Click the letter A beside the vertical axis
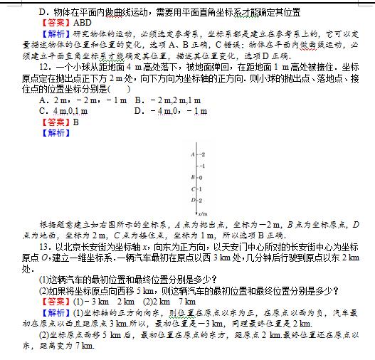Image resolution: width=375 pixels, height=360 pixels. (x=192, y=154)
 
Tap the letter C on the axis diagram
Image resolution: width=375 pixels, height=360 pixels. (x=192, y=189)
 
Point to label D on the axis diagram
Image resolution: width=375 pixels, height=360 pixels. (x=192, y=200)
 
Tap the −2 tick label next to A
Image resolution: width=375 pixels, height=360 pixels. (x=201, y=154)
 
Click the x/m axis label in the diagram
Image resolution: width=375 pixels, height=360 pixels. (x=203, y=213)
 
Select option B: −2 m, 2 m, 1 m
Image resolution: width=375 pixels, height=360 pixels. (x=168, y=100)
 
